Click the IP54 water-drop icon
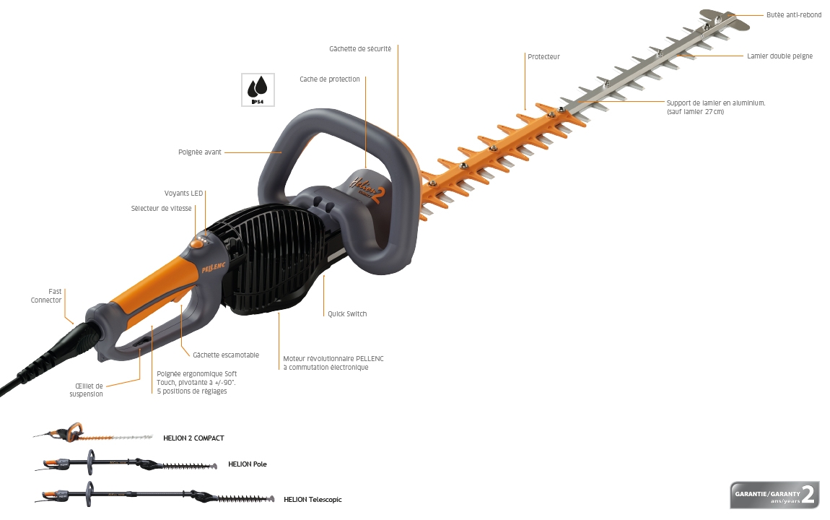click(x=258, y=90)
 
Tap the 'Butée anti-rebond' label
click(x=793, y=15)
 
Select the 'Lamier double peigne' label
click(x=779, y=56)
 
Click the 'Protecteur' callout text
click(x=543, y=56)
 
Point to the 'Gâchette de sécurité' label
click(x=360, y=48)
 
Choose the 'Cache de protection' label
click(x=329, y=79)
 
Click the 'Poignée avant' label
click(x=199, y=152)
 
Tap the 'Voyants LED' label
click(x=183, y=194)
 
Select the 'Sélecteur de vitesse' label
click(x=161, y=209)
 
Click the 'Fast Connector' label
click(x=46, y=296)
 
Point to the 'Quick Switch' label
click(x=346, y=314)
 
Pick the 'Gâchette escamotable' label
click(x=225, y=355)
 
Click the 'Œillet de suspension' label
click(x=87, y=390)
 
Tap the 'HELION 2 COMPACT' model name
click(x=193, y=438)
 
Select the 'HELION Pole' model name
click(x=248, y=464)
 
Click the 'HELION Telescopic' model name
click(x=313, y=499)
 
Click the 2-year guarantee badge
click(x=774, y=495)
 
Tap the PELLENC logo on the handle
click(x=214, y=267)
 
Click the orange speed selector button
click(x=197, y=244)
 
